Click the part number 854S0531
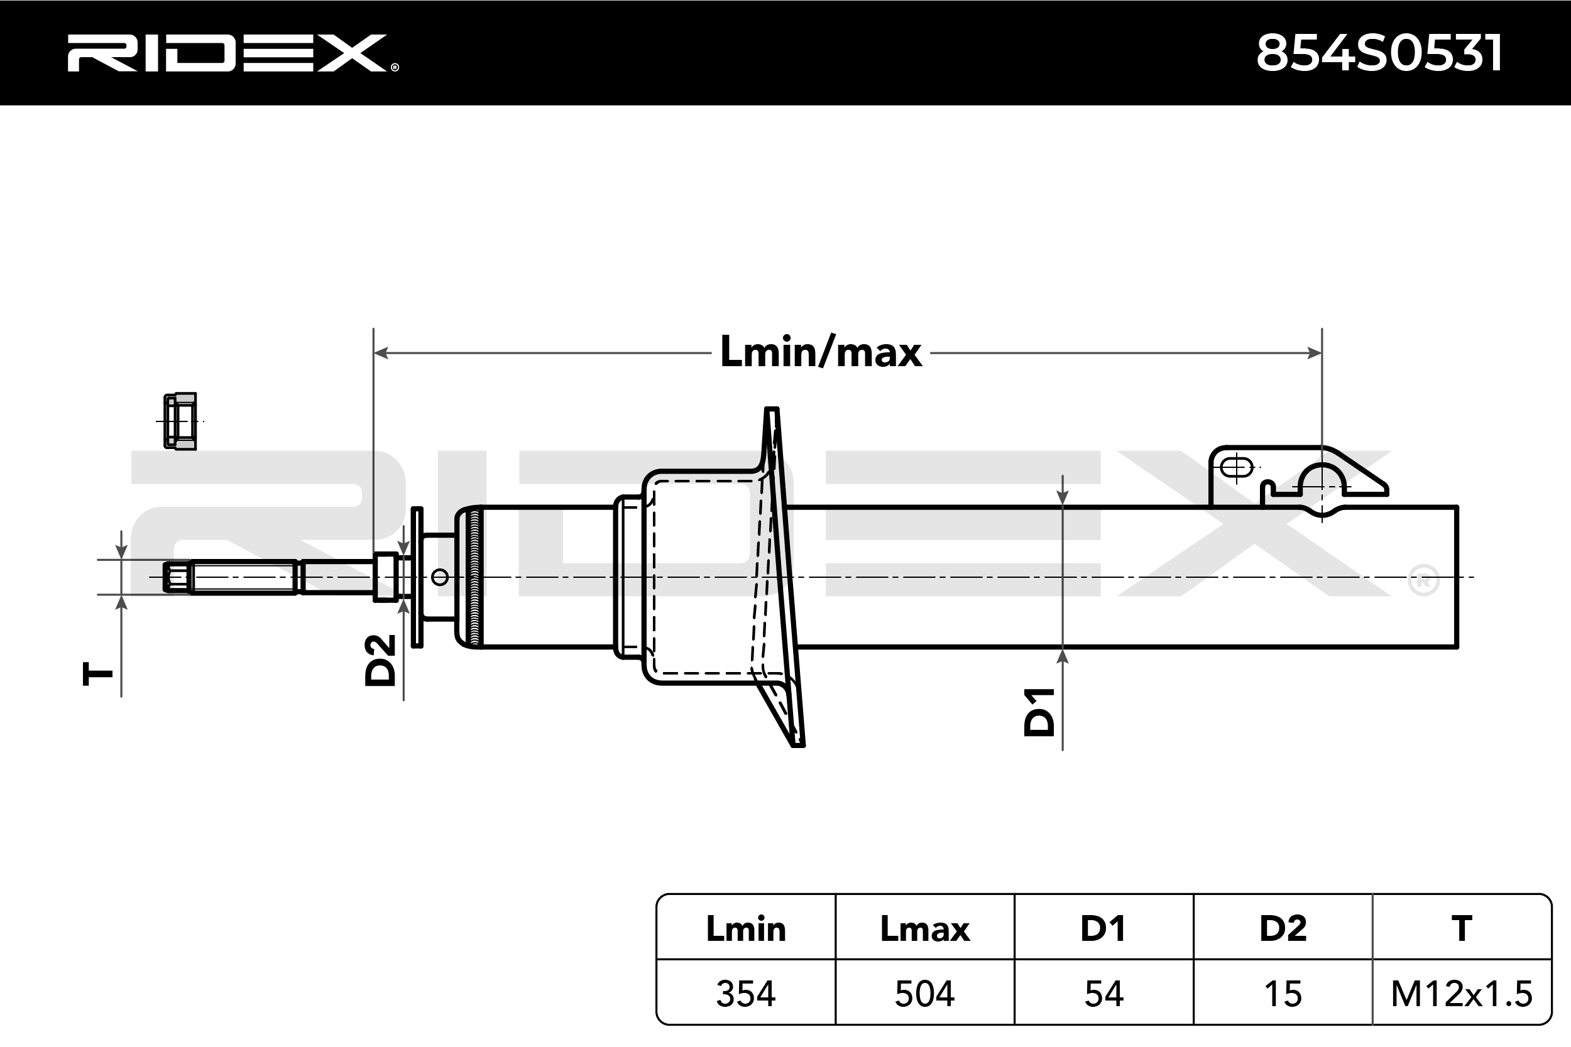pyautogui.click(x=1379, y=53)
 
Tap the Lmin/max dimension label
pyautogui.click(x=820, y=352)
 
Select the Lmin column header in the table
pyautogui.click(x=745, y=929)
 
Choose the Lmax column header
pyautogui.click(x=924, y=929)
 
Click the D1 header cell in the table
pyautogui.click(x=1103, y=929)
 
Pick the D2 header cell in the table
pyautogui.click(x=1283, y=929)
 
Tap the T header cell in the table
pyautogui.click(x=1462, y=929)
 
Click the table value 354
pyautogui.click(x=745, y=994)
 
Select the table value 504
pyautogui.click(x=924, y=994)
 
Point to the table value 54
pyautogui.click(x=1103, y=994)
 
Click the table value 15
pyautogui.click(x=1283, y=994)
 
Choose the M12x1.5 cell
pyautogui.click(x=1462, y=994)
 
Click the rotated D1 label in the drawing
pyautogui.click(x=1039, y=712)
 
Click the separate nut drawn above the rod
pyautogui.click(x=180, y=421)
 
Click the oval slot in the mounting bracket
pyautogui.click(x=1236, y=467)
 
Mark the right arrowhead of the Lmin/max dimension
pyautogui.click(x=1315, y=352)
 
